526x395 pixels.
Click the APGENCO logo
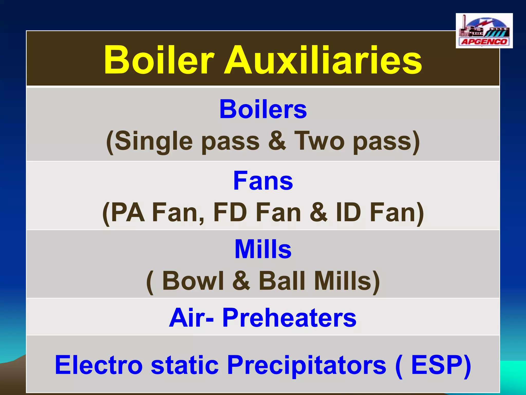(x=484, y=31)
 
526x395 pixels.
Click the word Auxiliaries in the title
(x=323, y=60)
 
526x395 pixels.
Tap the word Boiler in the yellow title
(x=159, y=60)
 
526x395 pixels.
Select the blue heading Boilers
(x=263, y=110)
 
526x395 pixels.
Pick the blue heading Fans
(x=263, y=181)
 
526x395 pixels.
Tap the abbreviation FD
(x=230, y=212)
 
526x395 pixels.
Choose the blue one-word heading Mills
(x=263, y=249)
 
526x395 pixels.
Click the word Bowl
(x=193, y=281)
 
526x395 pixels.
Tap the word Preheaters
(x=289, y=318)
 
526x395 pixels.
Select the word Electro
(x=99, y=365)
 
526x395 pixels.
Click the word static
(x=185, y=365)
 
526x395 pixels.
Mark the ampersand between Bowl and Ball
(x=241, y=281)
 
